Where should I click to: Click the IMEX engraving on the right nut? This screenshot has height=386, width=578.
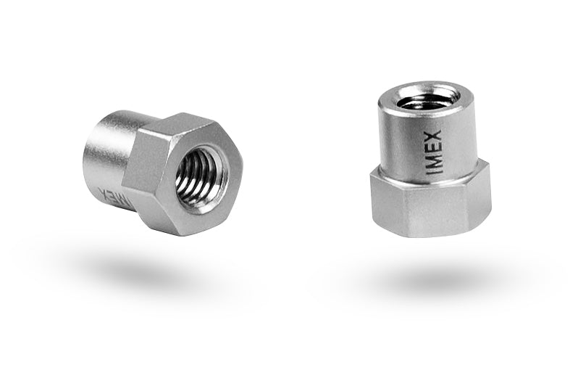(434, 152)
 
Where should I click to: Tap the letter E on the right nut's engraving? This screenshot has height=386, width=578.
(434, 148)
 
